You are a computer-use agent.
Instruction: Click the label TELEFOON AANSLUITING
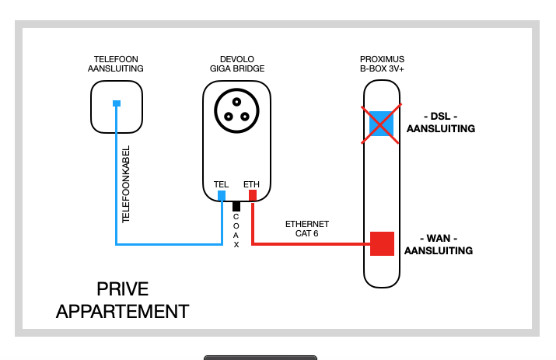115,64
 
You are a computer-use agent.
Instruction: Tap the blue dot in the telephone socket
116,103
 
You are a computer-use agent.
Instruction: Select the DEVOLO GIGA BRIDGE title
236,64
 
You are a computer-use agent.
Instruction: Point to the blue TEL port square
222,194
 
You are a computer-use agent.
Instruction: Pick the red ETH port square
252,194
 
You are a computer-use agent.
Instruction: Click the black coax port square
236,206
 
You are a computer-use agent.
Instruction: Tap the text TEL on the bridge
221,183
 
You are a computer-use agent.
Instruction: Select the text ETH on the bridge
252,183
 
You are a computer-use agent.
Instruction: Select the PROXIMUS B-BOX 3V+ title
382,64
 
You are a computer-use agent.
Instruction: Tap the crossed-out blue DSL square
381,124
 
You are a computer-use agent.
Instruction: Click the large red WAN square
382,243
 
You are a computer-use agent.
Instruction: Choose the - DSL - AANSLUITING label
440,123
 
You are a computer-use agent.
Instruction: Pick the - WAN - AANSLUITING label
439,244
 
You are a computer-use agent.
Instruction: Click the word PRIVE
122,289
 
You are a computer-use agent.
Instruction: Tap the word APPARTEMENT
122,312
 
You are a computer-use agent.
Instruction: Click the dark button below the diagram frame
261,358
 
